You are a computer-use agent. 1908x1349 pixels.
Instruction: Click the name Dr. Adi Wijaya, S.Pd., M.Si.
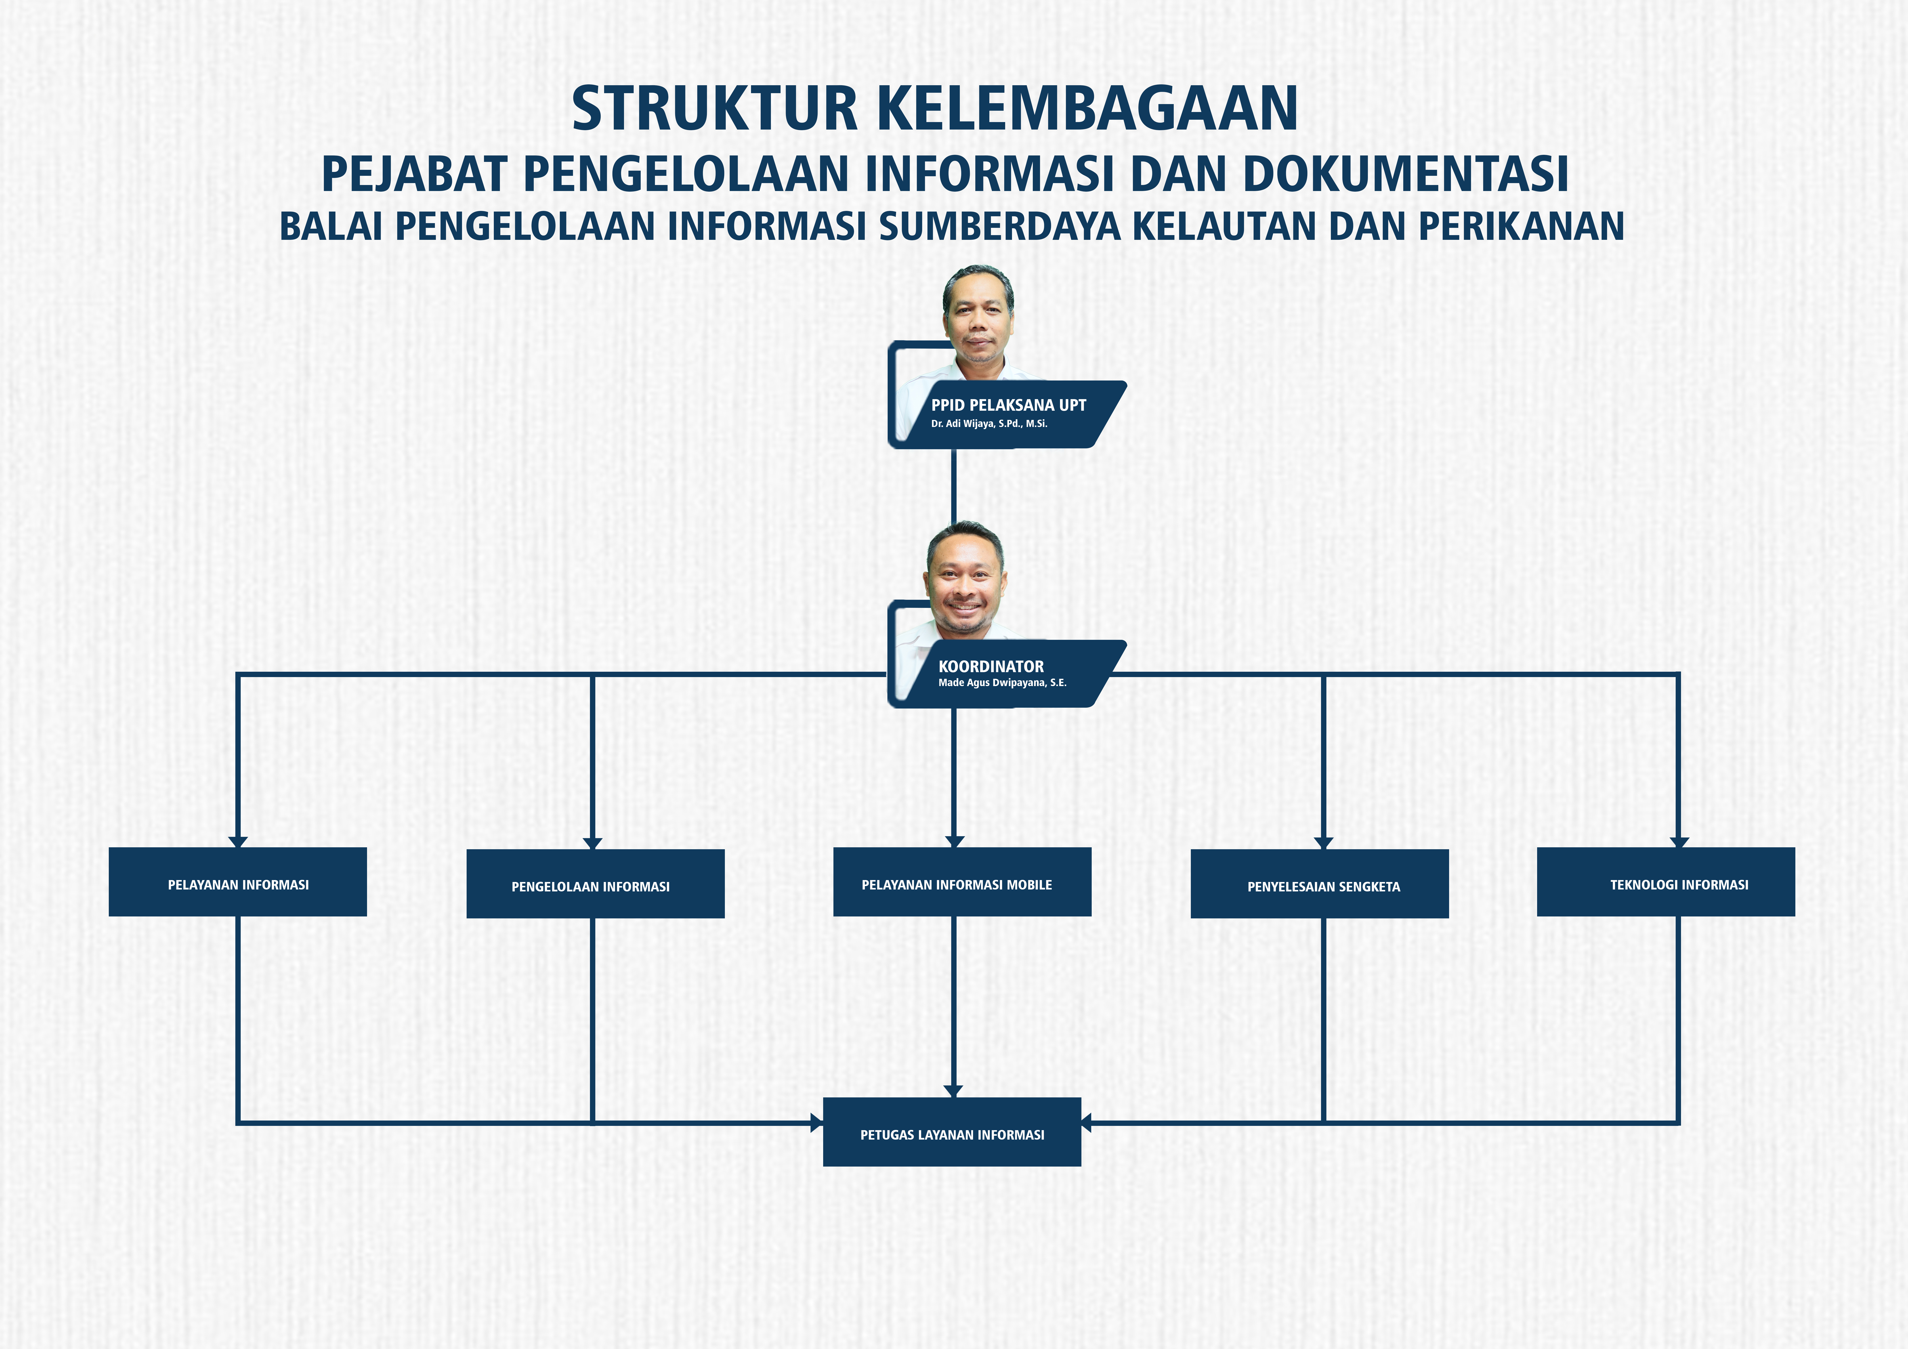[x=989, y=424]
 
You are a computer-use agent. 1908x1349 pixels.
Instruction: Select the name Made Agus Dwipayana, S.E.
[x=1002, y=683]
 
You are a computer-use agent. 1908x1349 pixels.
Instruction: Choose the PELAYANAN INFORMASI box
[x=238, y=882]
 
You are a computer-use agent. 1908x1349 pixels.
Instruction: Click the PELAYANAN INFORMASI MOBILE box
[x=962, y=882]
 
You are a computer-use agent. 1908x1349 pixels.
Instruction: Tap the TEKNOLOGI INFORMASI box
[x=1666, y=882]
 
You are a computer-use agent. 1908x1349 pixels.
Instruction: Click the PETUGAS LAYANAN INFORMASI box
[x=952, y=1132]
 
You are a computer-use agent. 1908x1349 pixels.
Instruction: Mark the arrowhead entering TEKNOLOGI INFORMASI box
[x=1679, y=842]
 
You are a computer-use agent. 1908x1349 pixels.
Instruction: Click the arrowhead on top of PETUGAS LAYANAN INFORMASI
[x=953, y=1091]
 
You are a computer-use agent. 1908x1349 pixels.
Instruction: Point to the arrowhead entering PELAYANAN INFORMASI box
[x=239, y=842]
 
